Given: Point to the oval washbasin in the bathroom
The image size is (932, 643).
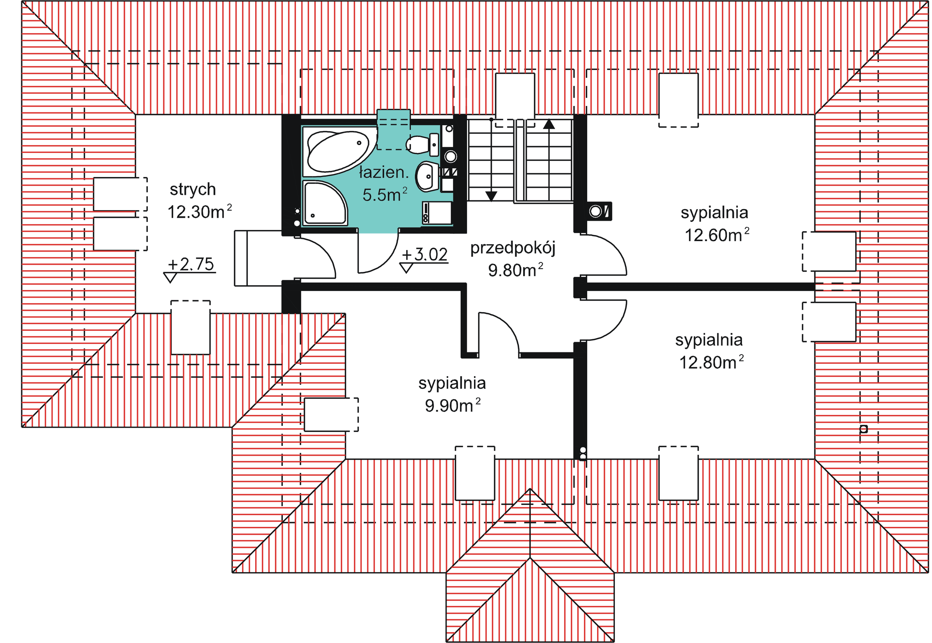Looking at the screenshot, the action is pos(427,176).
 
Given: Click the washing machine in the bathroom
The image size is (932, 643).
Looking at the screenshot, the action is pos(437,213).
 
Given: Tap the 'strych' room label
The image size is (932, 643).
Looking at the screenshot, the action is pos(193,190).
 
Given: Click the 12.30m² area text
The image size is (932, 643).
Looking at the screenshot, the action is pos(199,212).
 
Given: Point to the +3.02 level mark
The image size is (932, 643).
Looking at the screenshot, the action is pos(424,259).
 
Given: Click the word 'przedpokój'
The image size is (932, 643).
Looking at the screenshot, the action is pos(513,248).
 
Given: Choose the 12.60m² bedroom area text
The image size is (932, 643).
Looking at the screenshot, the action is pos(717,235).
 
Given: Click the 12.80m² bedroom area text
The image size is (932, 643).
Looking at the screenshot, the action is pos(711,362).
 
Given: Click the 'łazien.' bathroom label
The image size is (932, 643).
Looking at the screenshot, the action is pos(384,172).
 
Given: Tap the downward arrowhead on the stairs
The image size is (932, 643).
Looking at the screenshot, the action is pos(490,196).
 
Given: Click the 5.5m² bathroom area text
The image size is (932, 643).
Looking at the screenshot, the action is pos(385,195).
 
